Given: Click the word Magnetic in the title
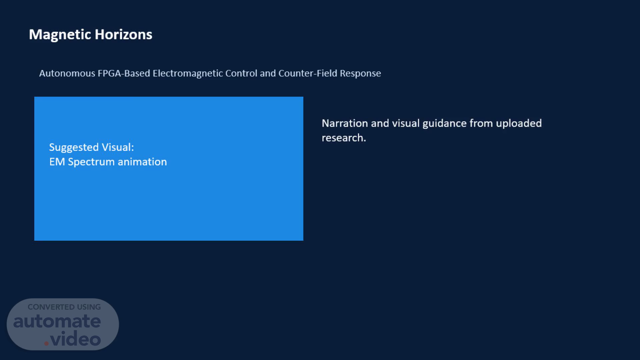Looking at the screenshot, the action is [60, 35].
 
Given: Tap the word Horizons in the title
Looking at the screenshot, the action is [124, 34].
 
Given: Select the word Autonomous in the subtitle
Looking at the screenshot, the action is [67, 73].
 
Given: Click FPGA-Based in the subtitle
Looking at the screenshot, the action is [124, 73].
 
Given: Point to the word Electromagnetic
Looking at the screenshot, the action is [188, 73].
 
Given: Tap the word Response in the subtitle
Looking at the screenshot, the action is [360, 74].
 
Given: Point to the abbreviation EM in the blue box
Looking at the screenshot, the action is [57, 162].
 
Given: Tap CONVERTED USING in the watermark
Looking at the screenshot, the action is [64, 307].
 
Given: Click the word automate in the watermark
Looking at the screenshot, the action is [57, 321].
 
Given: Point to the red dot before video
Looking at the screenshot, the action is [46, 343].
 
